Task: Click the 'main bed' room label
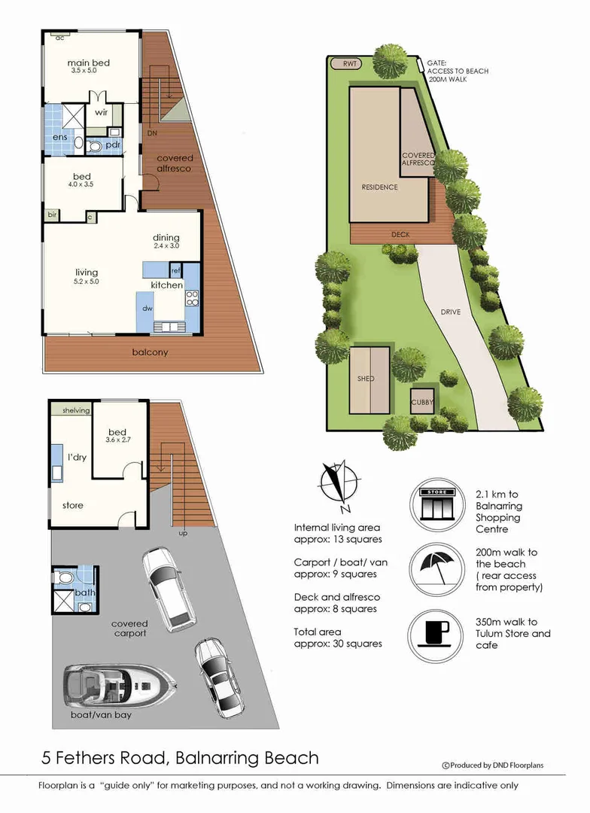pos(89,63)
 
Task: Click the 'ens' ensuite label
pos(59,138)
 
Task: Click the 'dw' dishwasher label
pos(149,307)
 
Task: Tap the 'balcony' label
pos(149,352)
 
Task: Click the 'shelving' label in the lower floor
pos(71,410)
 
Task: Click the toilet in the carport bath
pos(65,579)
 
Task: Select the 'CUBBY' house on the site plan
pos(422,403)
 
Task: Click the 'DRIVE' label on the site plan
pos(450,312)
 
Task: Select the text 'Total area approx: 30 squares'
pos(338,638)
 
